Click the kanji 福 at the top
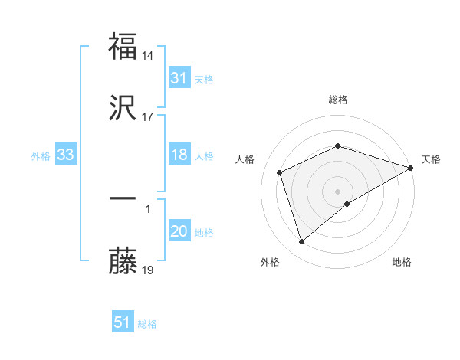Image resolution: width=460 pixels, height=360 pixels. click(123, 47)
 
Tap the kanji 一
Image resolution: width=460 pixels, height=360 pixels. click(123, 198)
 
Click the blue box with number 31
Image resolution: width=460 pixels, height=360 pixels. click(179, 78)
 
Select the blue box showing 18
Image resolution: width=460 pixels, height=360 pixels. click(179, 155)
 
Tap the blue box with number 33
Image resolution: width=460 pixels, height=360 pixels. click(65, 155)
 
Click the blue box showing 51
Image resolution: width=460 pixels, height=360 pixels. click(123, 322)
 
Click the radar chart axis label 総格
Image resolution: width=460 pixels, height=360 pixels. click(338, 100)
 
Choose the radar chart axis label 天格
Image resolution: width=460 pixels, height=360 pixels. click(432, 159)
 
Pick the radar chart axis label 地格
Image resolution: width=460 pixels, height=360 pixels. click(402, 263)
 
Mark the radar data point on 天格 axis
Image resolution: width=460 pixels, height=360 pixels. click(411, 167)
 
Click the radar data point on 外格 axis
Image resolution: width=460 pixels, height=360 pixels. click(301, 242)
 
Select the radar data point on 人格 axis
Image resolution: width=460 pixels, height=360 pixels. click(280, 172)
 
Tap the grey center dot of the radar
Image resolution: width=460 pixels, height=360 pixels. click(338, 191)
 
